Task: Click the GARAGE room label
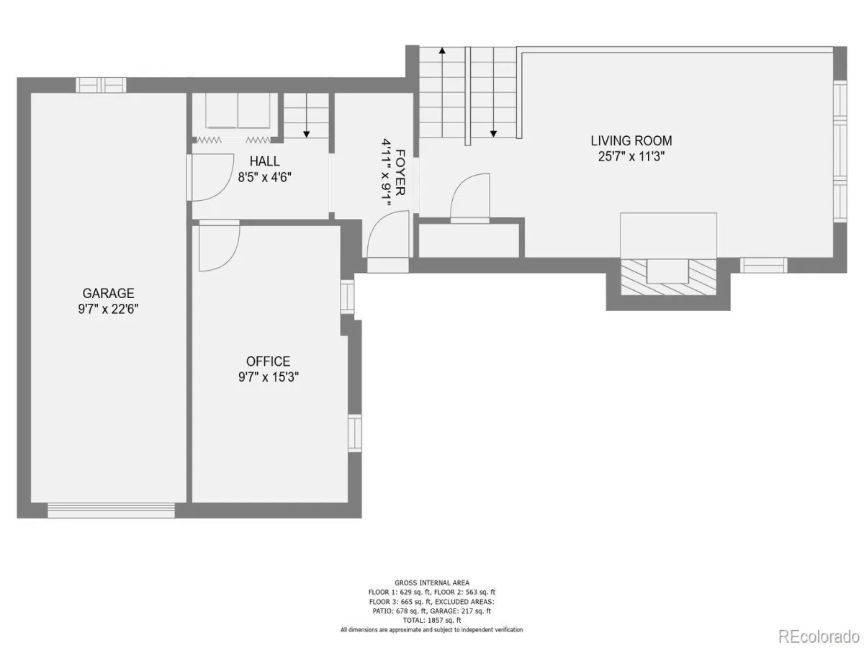(108, 293)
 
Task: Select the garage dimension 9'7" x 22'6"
(108, 310)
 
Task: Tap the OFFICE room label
(268, 361)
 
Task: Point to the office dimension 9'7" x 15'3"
(269, 377)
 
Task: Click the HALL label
(264, 161)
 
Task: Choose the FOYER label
(400, 172)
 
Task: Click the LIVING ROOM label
(631, 140)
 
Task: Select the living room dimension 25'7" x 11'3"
(631, 156)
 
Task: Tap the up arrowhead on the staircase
(442, 50)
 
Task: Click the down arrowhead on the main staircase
(493, 134)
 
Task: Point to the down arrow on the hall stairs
(306, 117)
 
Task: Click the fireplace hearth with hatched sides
(668, 276)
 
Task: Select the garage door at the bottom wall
(111, 510)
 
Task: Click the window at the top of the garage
(101, 85)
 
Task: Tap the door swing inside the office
(220, 246)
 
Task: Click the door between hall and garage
(209, 178)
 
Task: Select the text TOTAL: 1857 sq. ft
(431, 621)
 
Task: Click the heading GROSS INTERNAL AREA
(432, 583)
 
